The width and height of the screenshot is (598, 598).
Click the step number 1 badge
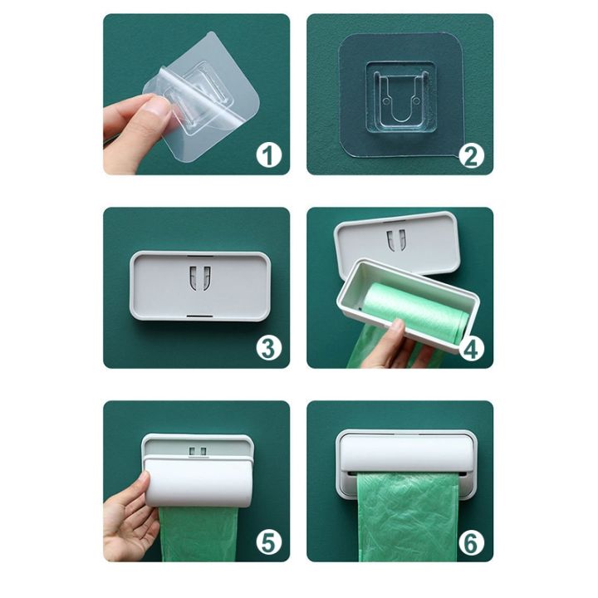(x=268, y=154)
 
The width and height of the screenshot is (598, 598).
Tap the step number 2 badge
(x=471, y=154)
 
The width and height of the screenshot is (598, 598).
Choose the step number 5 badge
(x=268, y=542)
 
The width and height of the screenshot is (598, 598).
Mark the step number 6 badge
(x=471, y=542)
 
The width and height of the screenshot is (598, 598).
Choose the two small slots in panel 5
(x=198, y=452)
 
